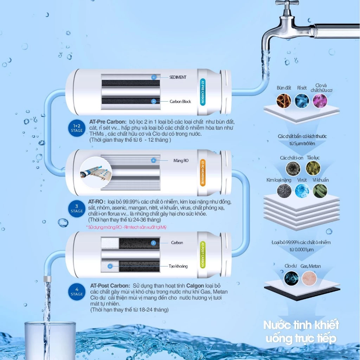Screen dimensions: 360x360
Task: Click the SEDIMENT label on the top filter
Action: pyautogui.click(x=178, y=77)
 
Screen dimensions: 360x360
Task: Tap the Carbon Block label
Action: pyautogui.click(x=180, y=102)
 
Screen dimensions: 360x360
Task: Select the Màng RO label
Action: pyautogui.click(x=181, y=161)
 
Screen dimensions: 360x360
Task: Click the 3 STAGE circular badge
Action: pyautogui.click(x=77, y=209)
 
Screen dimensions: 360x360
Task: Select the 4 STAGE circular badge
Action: pyautogui.click(x=77, y=291)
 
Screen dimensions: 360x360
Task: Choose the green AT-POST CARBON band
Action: pyautogui.click(x=202, y=255)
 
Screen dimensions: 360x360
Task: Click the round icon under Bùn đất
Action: pyautogui.click(x=284, y=101)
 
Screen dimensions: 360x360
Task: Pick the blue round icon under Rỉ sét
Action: pyautogui.click(x=302, y=101)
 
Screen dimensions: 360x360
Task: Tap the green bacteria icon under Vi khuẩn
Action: pyautogui.click(x=320, y=191)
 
